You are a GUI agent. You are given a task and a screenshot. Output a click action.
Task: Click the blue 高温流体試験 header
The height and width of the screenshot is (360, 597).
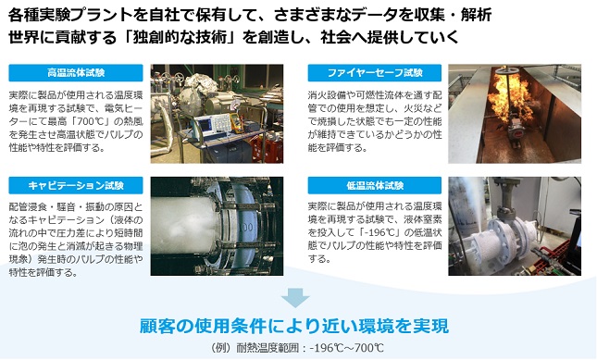pyautogui.click(x=76, y=73)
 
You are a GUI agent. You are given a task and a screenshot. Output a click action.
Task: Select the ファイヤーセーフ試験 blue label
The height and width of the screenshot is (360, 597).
pyautogui.click(x=375, y=73)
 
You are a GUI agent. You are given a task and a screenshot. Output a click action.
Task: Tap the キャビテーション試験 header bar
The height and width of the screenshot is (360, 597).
pyautogui.click(x=76, y=185)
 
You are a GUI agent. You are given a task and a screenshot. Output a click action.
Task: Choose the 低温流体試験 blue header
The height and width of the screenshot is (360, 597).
pyautogui.click(x=375, y=185)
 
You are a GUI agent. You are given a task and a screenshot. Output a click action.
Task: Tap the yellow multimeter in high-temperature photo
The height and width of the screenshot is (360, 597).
pyautogui.click(x=236, y=123)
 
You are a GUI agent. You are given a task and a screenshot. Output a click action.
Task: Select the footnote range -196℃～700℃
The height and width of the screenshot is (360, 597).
pyautogui.click(x=347, y=348)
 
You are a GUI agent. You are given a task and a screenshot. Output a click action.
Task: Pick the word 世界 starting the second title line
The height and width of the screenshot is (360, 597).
pyautogui.click(x=23, y=37)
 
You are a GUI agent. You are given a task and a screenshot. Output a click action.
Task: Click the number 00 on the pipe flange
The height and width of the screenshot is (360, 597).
pyautogui.click(x=247, y=228)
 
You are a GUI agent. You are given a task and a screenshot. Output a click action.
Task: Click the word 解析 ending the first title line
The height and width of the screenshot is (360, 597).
pyautogui.click(x=477, y=15)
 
